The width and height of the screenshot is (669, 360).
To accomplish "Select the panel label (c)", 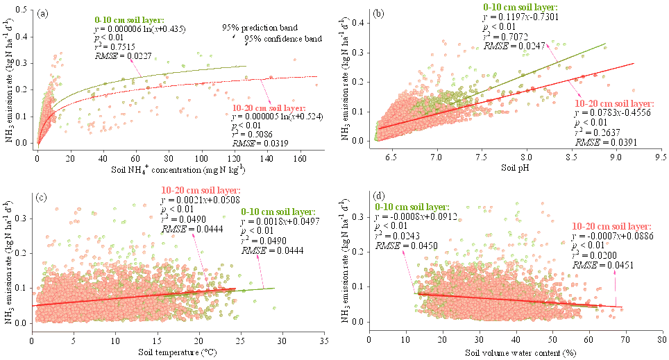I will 41,198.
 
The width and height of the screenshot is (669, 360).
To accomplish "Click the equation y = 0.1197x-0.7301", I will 517,17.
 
